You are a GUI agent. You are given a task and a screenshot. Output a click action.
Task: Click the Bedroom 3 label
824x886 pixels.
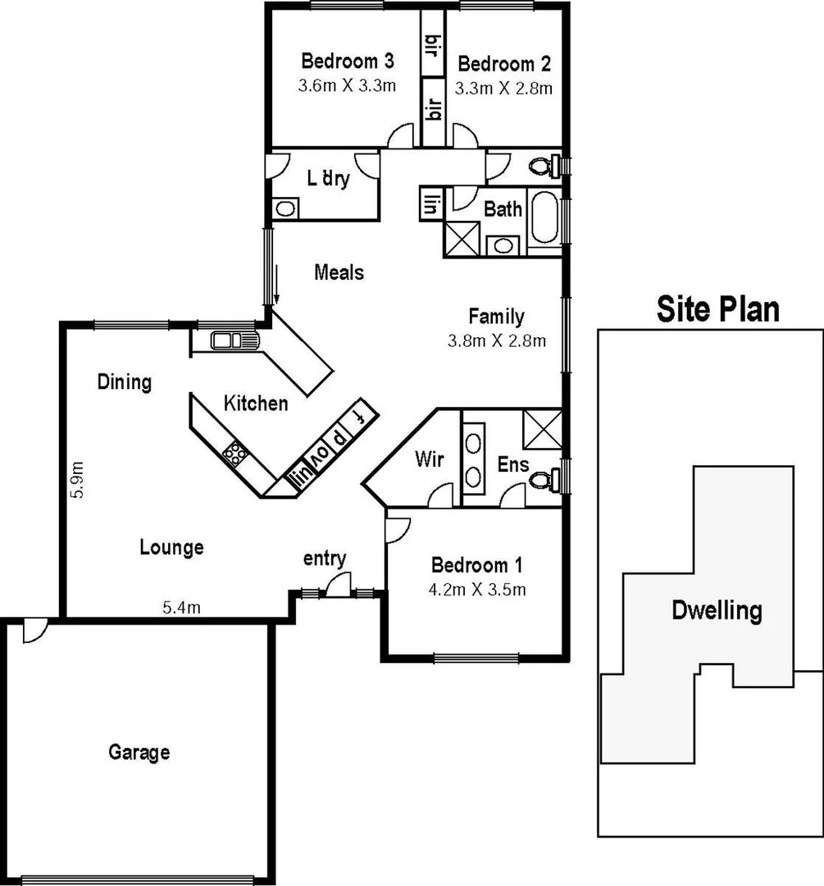pos(348,61)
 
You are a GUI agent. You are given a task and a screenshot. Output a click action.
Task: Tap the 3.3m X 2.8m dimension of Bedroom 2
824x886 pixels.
pos(504,88)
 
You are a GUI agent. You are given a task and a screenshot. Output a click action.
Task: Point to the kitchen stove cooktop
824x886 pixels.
pos(236,453)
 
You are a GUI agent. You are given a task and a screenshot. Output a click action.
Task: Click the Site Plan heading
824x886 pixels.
pos(717,309)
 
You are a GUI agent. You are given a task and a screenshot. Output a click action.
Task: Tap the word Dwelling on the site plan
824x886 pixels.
pos(717,610)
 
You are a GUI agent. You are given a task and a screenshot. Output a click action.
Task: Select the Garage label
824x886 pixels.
pos(139,751)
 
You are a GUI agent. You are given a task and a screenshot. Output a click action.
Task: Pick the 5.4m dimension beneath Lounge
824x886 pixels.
pos(181,608)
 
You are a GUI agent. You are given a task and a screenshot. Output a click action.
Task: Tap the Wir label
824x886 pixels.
pos(429,459)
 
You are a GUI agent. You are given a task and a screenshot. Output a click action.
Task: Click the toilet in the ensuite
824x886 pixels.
pos(545,477)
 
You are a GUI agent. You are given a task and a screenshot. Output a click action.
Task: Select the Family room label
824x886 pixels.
pos(496,316)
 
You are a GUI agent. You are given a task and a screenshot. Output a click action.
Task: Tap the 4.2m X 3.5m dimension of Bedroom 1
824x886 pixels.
pos(477,589)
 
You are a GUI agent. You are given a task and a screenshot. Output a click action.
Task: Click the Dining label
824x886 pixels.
pos(125,381)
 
